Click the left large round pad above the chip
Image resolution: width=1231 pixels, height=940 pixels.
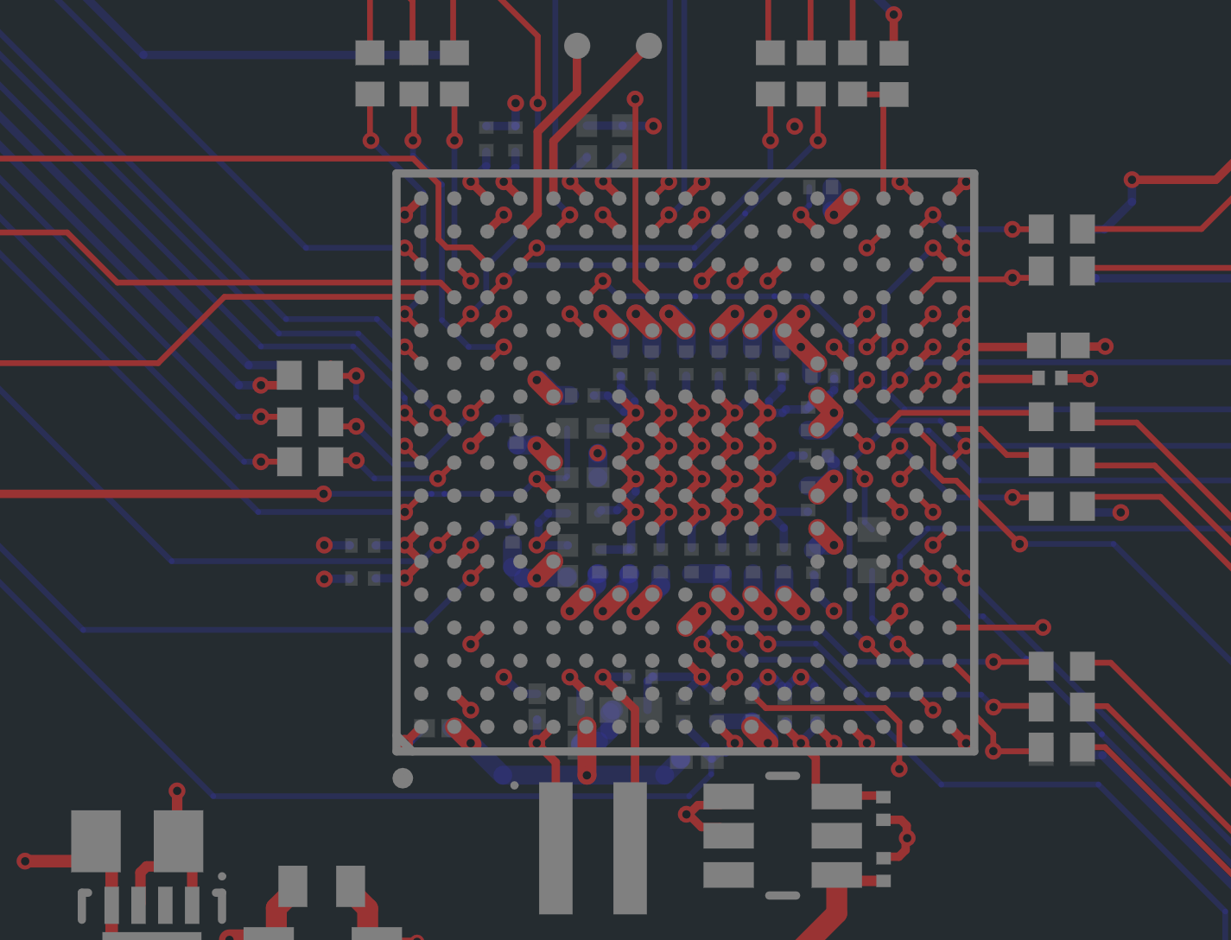click(x=577, y=45)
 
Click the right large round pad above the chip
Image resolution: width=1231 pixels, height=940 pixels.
click(x=649, y=45)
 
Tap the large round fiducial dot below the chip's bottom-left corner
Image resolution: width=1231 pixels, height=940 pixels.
click(x=403, y=778)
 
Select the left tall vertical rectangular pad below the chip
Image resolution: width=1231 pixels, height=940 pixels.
click(x=555, y=848)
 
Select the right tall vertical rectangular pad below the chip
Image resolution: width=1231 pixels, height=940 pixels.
click(x=630, y=848)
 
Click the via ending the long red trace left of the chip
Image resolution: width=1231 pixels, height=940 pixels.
click(x=323, y=493)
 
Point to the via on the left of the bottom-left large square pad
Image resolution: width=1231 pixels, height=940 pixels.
click(x=24, y=861)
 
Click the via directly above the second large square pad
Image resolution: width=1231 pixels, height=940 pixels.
click(x=177, y=791)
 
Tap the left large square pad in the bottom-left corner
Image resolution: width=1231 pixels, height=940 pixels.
click(x=95, y=841)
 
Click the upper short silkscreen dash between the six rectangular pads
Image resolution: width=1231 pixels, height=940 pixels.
click(x=783, y=776)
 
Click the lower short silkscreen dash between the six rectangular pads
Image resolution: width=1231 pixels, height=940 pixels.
click(x=783, y=895)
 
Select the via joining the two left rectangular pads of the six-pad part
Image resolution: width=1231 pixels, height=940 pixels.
click(x=686, y=814)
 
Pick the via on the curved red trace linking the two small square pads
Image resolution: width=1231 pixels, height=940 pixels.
click(x=907, y=837)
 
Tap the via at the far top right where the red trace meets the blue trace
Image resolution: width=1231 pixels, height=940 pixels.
click(x=1132, y=180)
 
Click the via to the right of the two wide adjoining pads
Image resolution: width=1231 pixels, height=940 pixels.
click(x=1105, y=346)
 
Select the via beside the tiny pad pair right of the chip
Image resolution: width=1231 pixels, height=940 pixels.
click(x=1090, y=378)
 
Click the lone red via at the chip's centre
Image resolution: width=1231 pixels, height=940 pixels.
click(x=598, y=452)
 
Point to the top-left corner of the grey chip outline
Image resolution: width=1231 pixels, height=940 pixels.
click(x=397, y=174)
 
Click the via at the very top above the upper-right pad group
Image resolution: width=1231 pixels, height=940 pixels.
click(x=893, y=15)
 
